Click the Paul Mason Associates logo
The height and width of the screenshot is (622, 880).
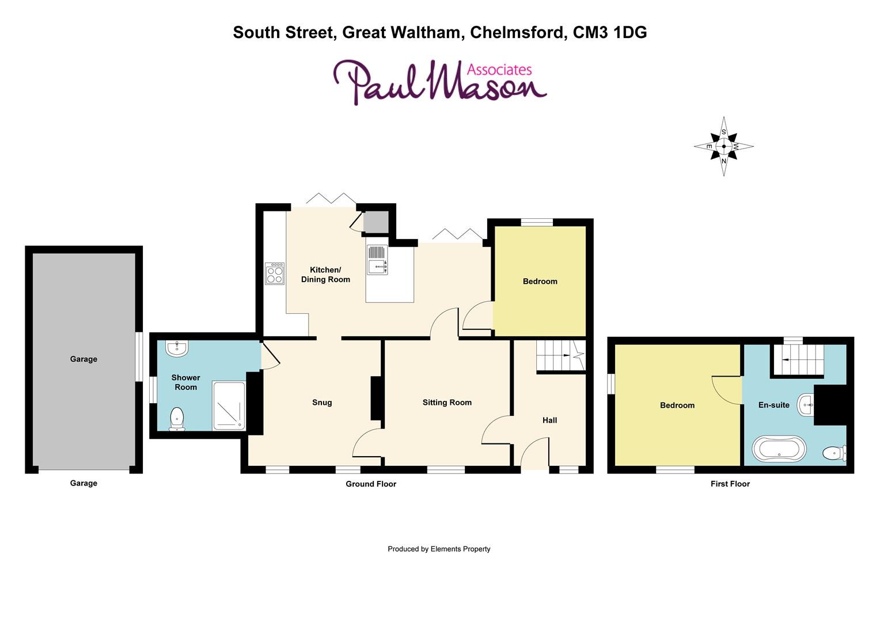click(x=440, y=84)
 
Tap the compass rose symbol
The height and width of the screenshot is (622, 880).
click(x=723, y=146)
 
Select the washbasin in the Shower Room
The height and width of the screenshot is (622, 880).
click(x=176, y=348)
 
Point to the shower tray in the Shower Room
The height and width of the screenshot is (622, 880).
click(x=229, y=405)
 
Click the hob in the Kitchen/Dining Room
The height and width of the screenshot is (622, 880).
click(x=275, y=274)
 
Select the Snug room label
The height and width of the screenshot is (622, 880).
click(x=322, y=403)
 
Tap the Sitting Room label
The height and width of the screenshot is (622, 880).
click(x=447, y=403)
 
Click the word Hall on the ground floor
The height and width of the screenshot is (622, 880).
click(x=549, y=420)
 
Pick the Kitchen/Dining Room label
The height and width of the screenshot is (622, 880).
click(x=325, y=275)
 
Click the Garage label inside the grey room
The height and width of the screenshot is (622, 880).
click(x=84, y=359)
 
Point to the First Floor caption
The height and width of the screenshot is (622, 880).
click(x=730, y=484)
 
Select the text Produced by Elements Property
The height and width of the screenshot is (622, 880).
click(x=439, y=549)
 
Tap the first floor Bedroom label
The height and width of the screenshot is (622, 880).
click(x=677, y=405)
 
